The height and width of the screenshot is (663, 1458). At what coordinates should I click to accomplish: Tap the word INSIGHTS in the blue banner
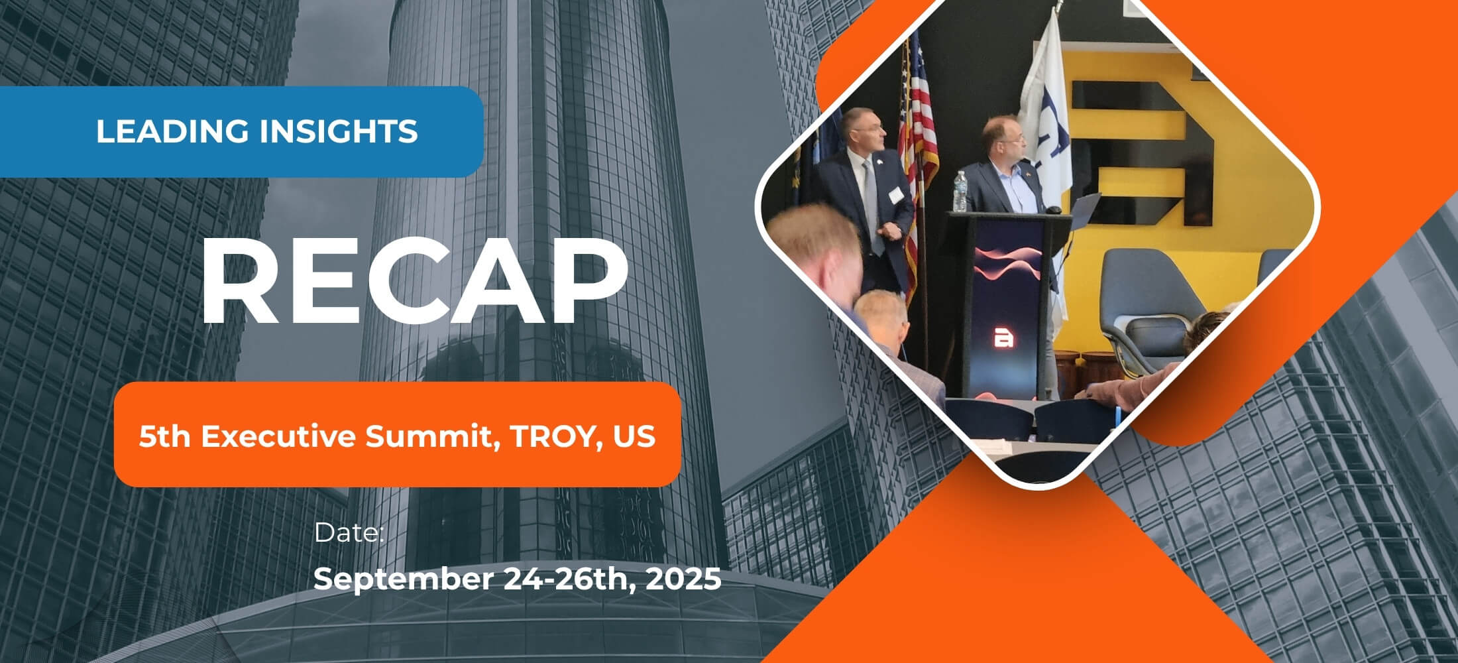(x=338, y=131)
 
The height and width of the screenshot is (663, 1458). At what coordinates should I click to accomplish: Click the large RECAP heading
(x=414, y=280)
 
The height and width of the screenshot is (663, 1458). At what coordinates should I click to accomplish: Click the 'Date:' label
(x=349, y=533)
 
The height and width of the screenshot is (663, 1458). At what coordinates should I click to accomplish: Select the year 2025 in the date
(x=683, y=579)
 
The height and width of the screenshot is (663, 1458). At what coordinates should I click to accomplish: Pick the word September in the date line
(x=403, y=579)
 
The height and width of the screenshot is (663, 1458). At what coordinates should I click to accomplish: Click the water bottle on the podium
(x=960, y=192)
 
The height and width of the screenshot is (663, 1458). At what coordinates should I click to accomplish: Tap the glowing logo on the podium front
(x=1004, y=339)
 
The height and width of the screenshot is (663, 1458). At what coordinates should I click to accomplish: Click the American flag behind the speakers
(x=919, y=133)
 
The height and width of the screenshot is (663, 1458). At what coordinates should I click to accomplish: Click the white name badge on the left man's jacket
(x=896, y=195)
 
